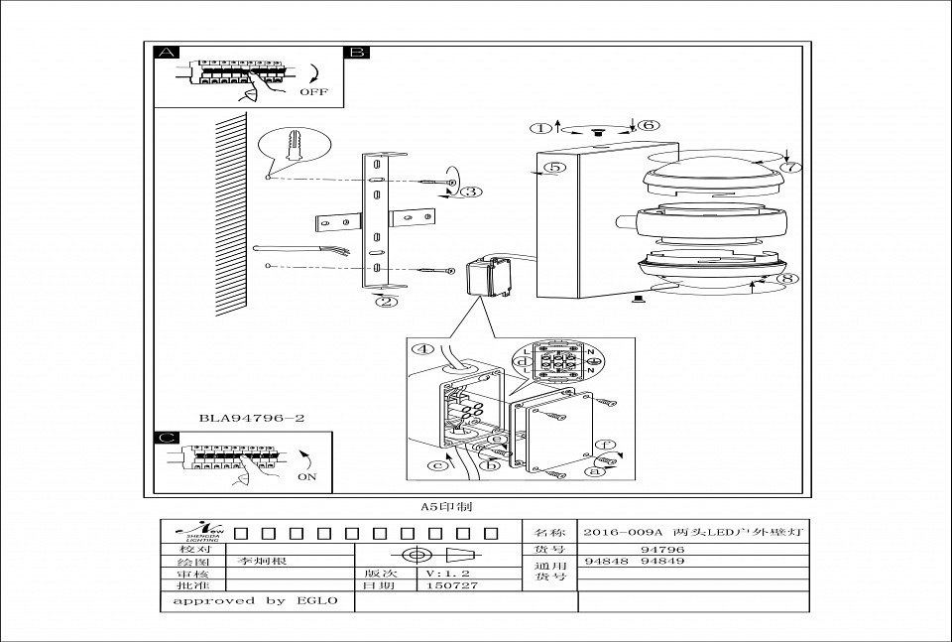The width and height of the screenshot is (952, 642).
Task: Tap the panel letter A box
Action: (x=168, y=54)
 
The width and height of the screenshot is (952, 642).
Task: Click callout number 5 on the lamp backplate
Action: (x=555, y=168)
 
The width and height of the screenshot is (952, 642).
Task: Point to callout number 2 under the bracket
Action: (x=388, y=303)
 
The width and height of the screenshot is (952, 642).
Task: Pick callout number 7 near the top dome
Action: (x=789, y=167)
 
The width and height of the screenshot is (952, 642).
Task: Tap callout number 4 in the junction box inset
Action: (x=424, y=349)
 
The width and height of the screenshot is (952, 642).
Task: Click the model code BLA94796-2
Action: (x=251, y=419)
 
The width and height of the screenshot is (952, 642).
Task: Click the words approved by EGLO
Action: (x=256, y=600)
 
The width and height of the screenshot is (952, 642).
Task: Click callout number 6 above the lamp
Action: (x=647, y=126)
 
